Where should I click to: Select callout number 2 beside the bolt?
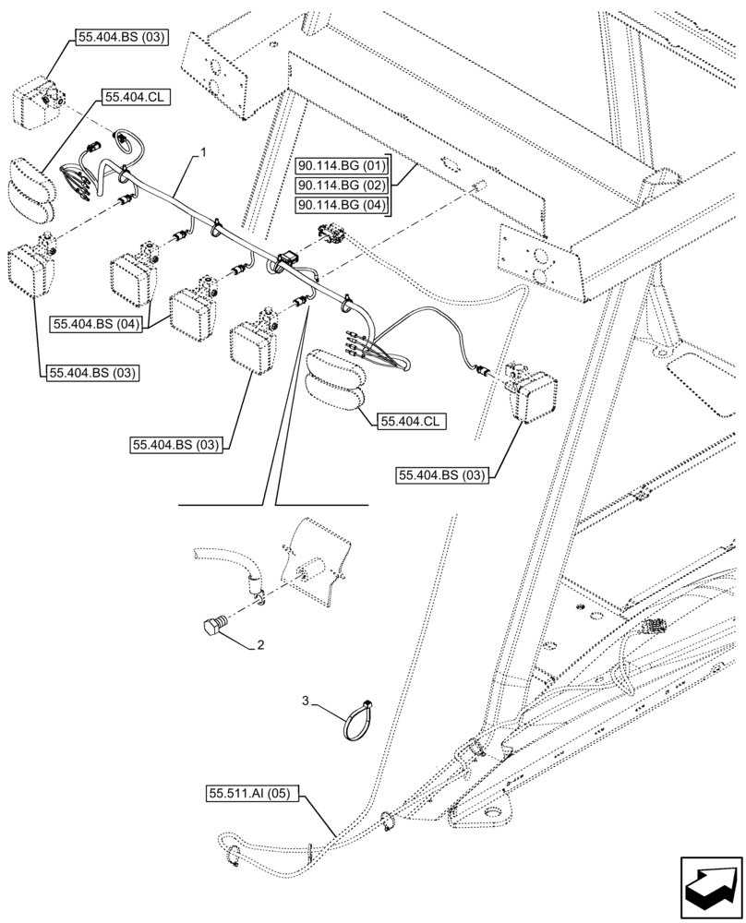point(261,646)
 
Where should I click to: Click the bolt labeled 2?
point(214,627)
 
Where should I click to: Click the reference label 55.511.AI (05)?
point(252,793)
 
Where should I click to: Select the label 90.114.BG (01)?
point(342,166)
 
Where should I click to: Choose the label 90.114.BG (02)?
point(342,186)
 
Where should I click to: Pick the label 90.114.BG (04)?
point(342,205)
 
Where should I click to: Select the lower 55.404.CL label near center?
point(410,421)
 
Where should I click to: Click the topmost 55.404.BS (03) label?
point(115,37)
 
